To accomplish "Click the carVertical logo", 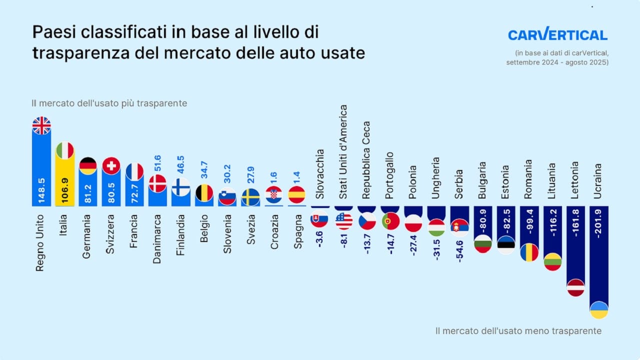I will pos(557,35).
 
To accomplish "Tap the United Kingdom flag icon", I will pos(41,125).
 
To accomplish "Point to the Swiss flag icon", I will pos(111,165).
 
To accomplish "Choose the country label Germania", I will pos(88,234).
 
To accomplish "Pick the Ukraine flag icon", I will pos(599,310).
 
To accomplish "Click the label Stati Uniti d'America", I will pos(343,151).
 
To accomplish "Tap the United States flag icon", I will pos(344,220).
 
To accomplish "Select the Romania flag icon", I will pos(529,252).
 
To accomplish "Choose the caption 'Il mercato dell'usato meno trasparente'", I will pos(518,331).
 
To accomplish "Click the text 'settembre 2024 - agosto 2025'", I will pos(557,62).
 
